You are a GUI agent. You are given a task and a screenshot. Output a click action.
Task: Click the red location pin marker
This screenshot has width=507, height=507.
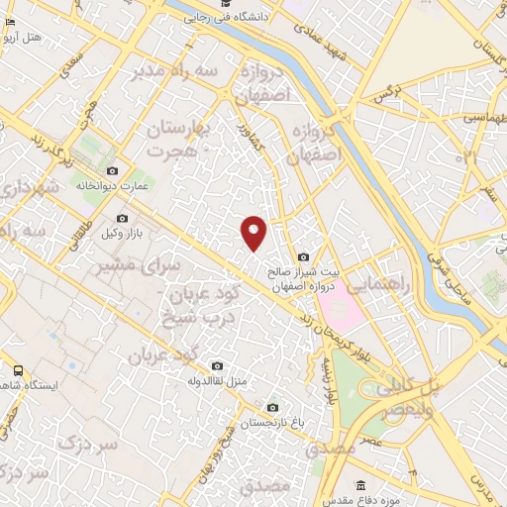(x=254, y=232)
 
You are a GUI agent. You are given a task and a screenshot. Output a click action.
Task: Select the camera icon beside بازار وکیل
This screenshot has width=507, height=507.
(x=122, y=218)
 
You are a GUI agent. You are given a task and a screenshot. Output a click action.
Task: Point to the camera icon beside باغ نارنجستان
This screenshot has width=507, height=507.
(x=272, y=407)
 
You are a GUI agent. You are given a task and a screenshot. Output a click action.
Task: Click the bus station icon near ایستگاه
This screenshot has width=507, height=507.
(x=17, y=369)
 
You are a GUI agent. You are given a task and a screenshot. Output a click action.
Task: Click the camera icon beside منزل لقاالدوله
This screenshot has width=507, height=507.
(x=218, y=366)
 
